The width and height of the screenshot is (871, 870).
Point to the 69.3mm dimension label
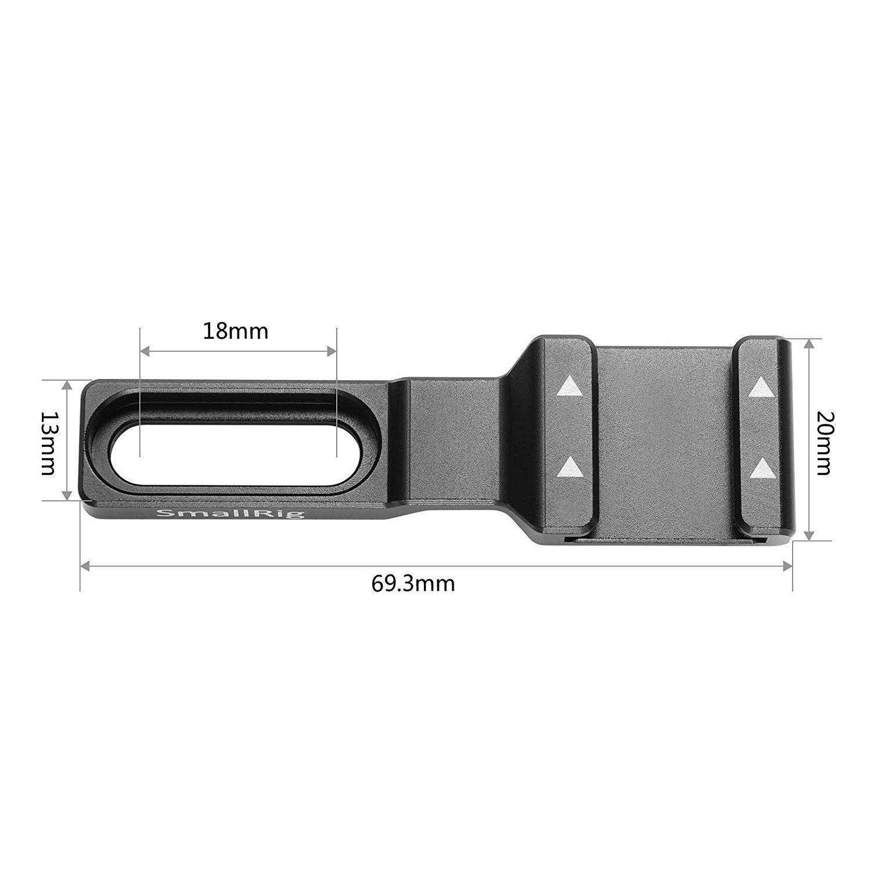click(x=413, y=583)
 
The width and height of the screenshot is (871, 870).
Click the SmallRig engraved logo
click(x=231, y=514)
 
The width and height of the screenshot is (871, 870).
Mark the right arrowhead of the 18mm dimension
click(x=332, y=351)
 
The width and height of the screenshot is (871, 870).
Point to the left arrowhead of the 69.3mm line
click(x=85, y=565)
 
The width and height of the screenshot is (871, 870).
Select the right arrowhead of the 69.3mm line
click(x=788, y=565)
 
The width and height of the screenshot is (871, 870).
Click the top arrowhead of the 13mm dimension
click(x=68, y=385)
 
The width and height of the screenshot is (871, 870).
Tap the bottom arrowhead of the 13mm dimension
click(x=68, y=495)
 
